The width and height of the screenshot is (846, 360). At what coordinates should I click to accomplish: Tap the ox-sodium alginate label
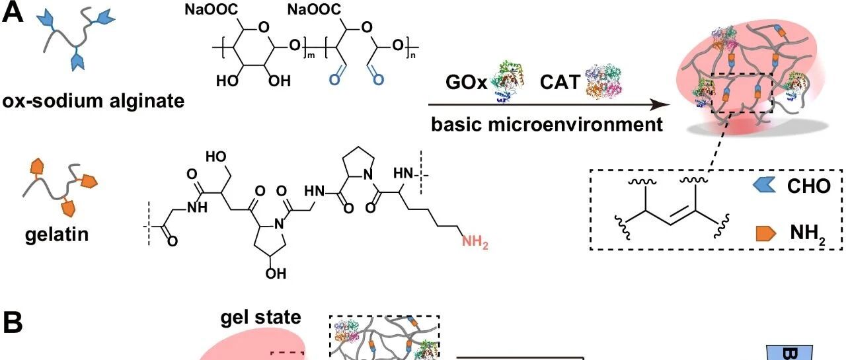tap(93, 101)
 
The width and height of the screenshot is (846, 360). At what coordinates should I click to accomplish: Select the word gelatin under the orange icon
tap(57, 234)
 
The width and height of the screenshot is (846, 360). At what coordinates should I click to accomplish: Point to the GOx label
tap(467, 82)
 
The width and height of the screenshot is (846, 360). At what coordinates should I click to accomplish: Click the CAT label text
tap(560, 82)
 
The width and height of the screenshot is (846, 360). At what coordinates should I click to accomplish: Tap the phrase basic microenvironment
tap(547, 125)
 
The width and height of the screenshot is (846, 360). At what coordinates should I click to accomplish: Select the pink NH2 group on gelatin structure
tap(475, 242)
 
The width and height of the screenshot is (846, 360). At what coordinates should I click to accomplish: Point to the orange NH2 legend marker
tap(766, 233)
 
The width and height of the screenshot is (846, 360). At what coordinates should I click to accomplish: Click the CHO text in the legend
tap(809, 186)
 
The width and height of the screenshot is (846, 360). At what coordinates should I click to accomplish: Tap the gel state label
tap(260, 317)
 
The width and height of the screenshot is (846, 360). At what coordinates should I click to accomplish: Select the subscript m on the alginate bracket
tap(311, 55)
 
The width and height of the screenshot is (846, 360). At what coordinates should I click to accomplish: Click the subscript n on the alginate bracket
tap(413, 55)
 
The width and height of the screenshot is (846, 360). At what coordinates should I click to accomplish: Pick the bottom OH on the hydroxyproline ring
tap(276, 273)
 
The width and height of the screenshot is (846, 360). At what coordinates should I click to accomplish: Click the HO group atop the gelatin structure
tap(215, 157)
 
